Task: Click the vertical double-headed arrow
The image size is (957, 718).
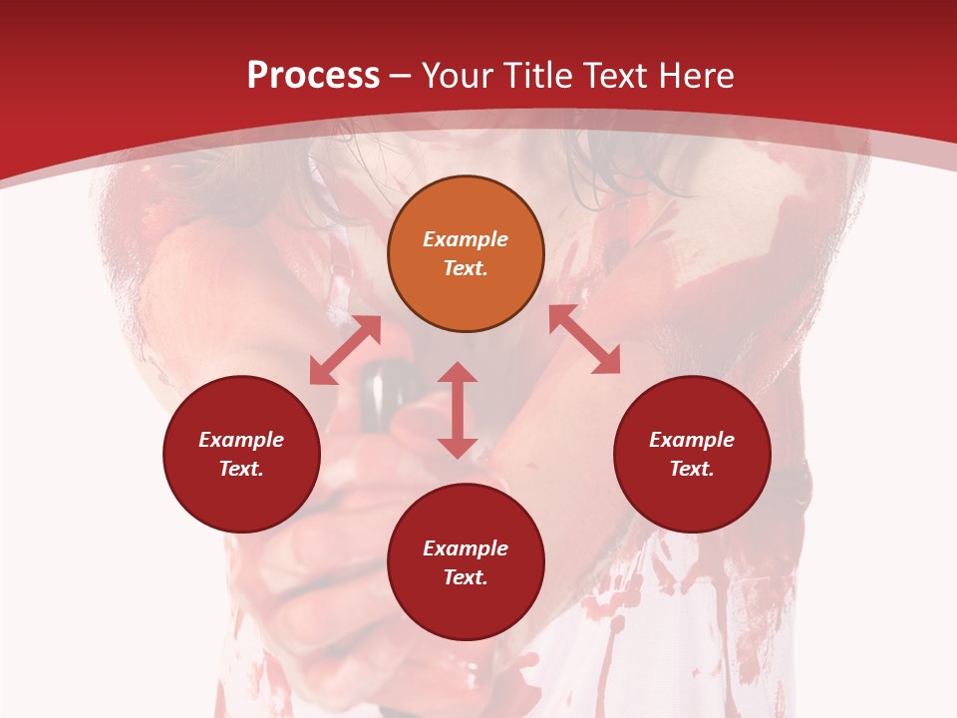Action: [458, 410]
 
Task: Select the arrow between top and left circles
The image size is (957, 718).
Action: [345, 350]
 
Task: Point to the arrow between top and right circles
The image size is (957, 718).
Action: [584, 339]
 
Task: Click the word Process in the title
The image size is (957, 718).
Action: [313, 75]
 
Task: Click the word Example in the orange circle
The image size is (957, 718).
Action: [466, 239]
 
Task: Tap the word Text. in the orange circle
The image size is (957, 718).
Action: [466, 268]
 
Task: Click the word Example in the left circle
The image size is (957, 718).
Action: [241, 440]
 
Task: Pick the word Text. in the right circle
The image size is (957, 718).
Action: [692, 469]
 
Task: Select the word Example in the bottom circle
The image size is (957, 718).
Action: [466, 548]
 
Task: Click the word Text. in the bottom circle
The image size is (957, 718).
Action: [466, 577]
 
